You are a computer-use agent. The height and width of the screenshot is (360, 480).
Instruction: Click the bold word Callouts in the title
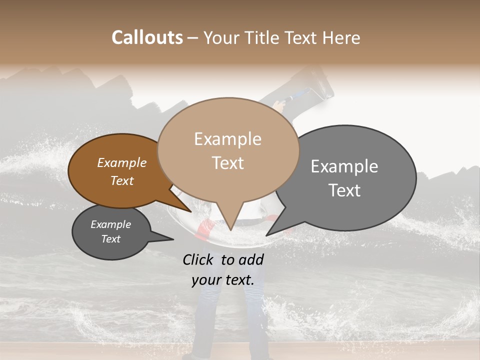click(x=147, y=37)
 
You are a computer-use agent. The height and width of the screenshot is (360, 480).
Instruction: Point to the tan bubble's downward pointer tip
click(x=230, y=230)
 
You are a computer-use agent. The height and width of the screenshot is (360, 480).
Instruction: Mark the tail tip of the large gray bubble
click(x=266, y=235)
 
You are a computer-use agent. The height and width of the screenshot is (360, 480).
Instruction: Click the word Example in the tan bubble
click(x=228, y=139)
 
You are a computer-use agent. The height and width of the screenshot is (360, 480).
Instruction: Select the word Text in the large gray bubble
click(x=344, y=190)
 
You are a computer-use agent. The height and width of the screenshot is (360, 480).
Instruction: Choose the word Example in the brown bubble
click(x=121, y=163)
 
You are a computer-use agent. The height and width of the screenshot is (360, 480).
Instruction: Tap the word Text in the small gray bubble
click(x=110, y=239)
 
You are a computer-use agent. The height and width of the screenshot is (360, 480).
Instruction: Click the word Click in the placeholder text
click(x=199, y=259)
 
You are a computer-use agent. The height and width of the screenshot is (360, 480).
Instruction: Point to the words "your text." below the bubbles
click(x=222, y=280)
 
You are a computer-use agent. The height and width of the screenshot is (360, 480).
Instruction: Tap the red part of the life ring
click(x=204, y=230)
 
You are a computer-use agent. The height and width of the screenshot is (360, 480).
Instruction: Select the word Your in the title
click(x=219, y=38)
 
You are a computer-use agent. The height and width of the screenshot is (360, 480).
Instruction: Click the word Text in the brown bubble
click(x=121, y=181)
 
